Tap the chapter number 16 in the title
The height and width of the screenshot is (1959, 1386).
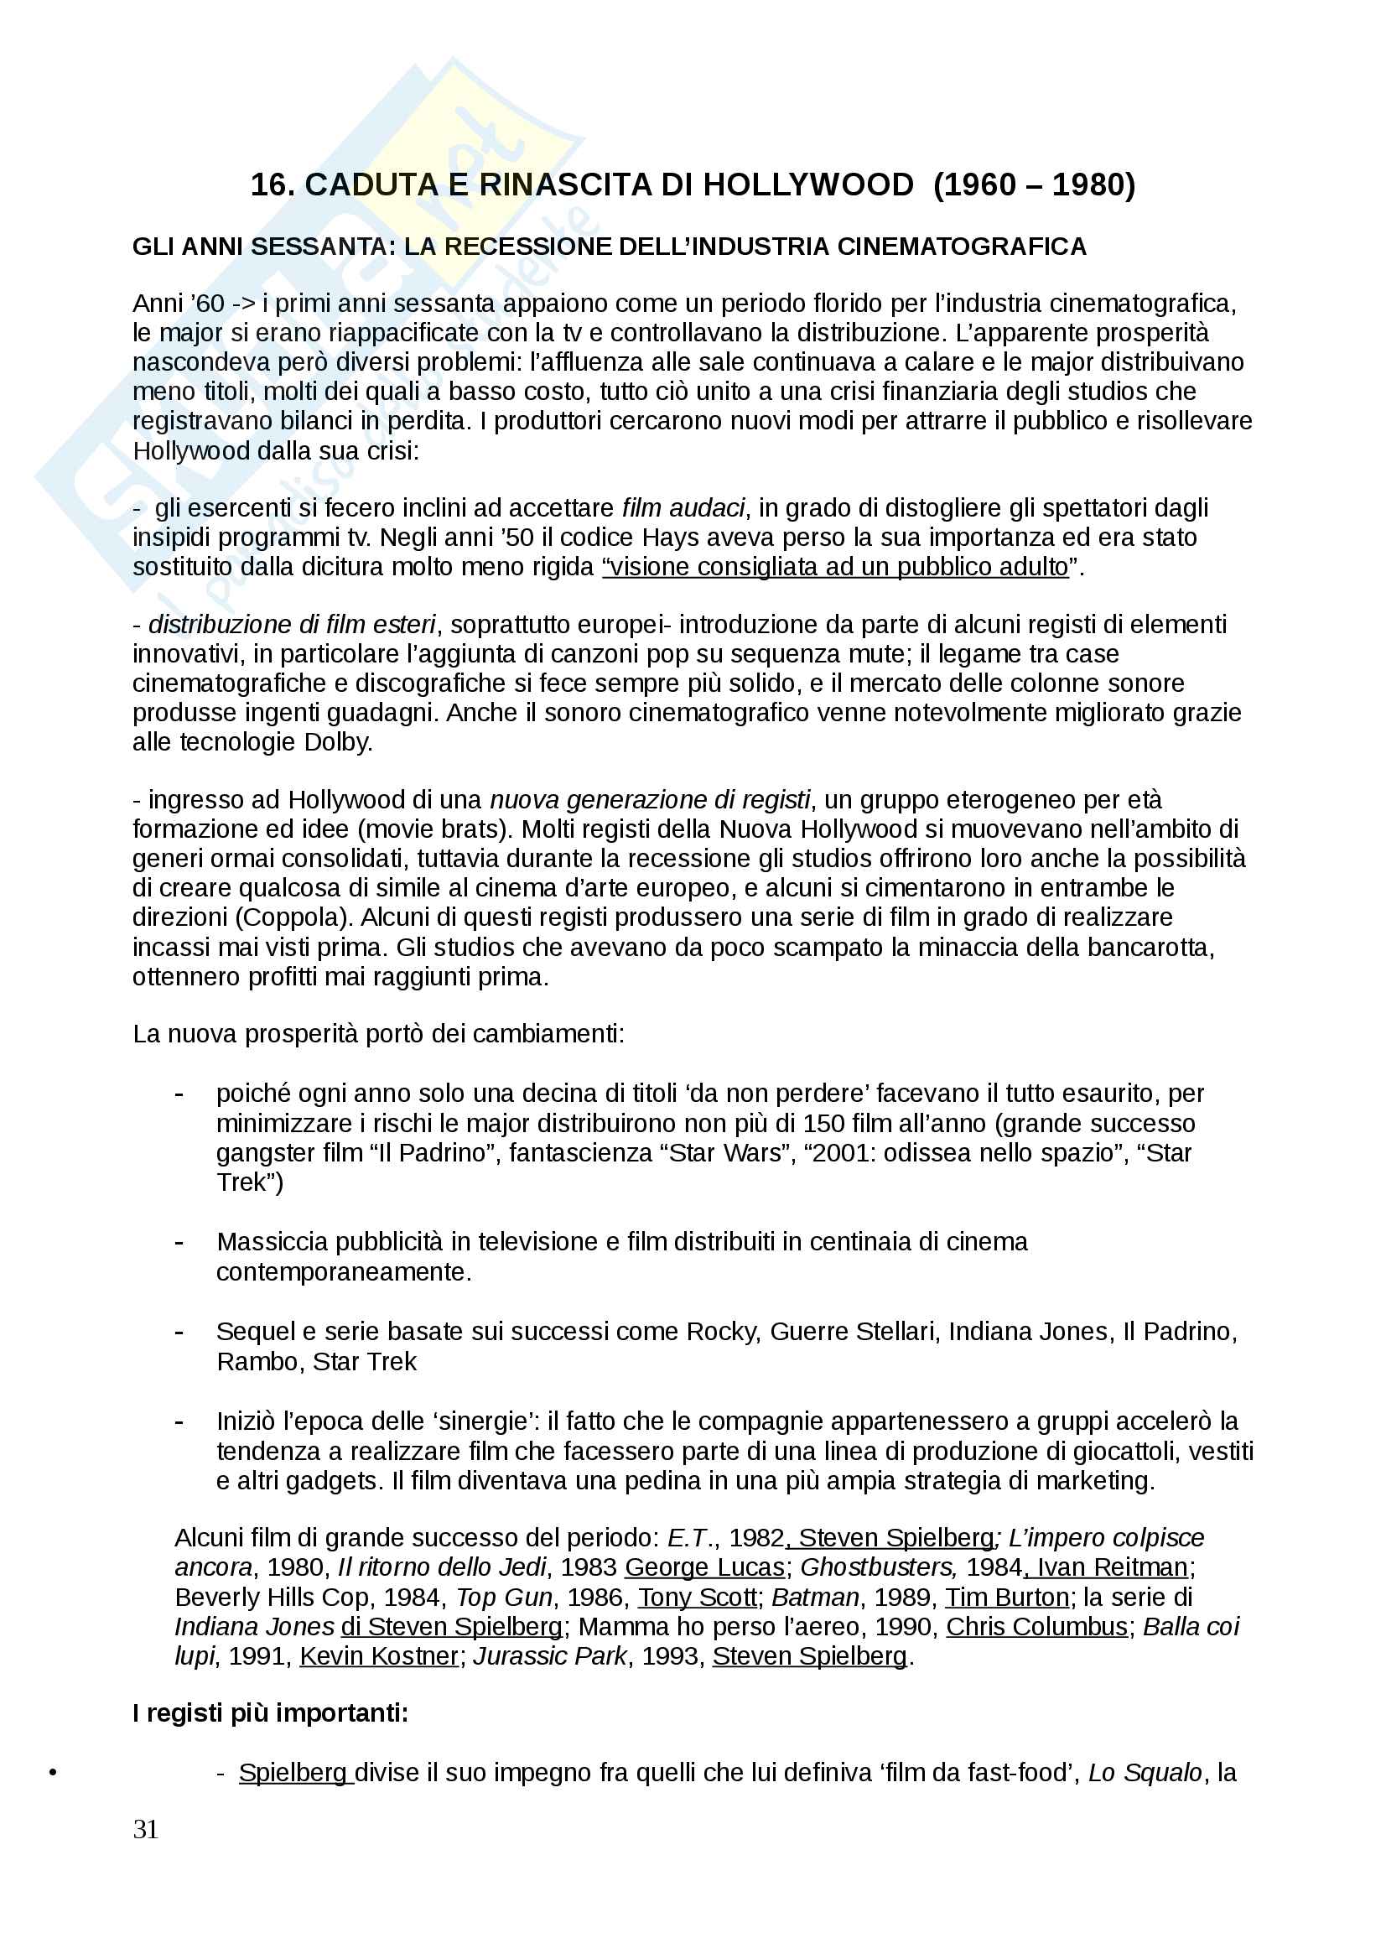tap(271, 185)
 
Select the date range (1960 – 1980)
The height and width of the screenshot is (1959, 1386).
tap(1035, 185)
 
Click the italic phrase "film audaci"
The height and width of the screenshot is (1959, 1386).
tap(683, 508)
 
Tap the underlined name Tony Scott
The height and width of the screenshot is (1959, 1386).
tap(697, 1596)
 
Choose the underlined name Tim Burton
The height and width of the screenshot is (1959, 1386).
tap(1006, 1596)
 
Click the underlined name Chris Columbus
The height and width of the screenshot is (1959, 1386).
tap(1036, 1626)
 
